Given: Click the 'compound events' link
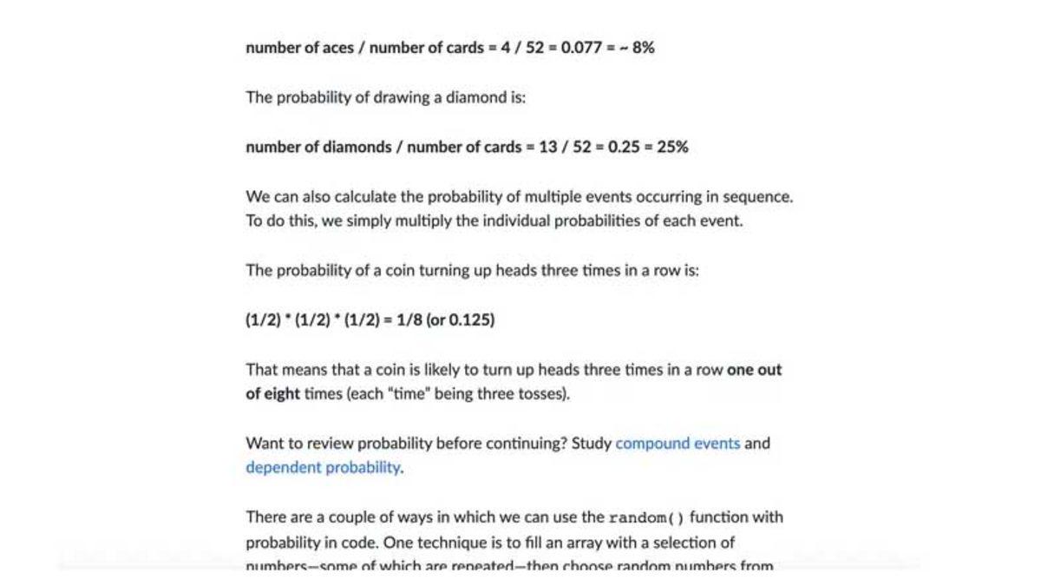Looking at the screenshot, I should (678, 444).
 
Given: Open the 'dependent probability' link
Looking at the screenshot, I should (323, 468).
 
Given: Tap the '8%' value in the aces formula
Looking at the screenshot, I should (643, 48).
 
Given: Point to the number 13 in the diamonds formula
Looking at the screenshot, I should (547, 147).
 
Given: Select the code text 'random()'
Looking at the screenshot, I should (646, 518).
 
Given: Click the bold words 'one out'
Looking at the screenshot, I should (754, 370).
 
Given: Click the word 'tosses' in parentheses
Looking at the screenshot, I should (543, 394).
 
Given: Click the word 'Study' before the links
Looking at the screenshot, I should (592, 444).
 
